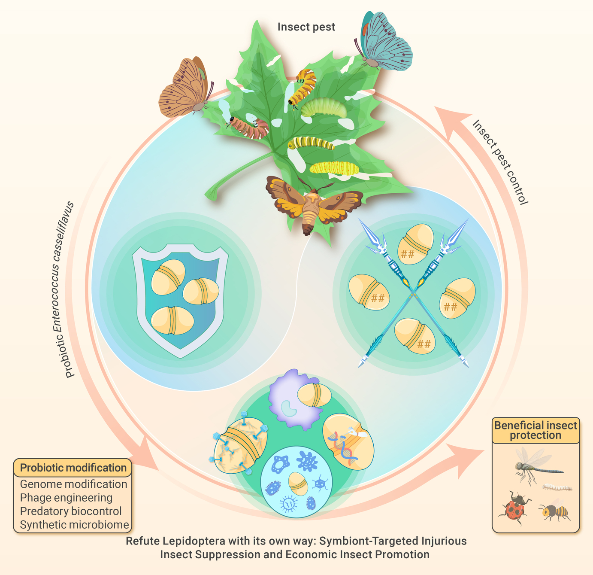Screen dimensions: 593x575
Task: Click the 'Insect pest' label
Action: click(x=306, y=27)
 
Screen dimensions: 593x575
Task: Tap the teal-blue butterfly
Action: click(x=383, y=41)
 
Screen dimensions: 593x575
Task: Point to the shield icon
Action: click(x=180, y=301)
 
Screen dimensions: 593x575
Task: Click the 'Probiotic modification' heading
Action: click(x=73, y=468)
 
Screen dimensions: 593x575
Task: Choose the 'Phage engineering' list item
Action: click(x=66, y=498)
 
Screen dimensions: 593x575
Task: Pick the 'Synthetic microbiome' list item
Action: click(x=75, y=524)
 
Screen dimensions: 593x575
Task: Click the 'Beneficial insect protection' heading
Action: click(x=536, y=430)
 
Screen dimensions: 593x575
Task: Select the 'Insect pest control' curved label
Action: click(x=500, y=162)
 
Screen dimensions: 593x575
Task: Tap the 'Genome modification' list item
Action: click(x=73, y=484)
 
